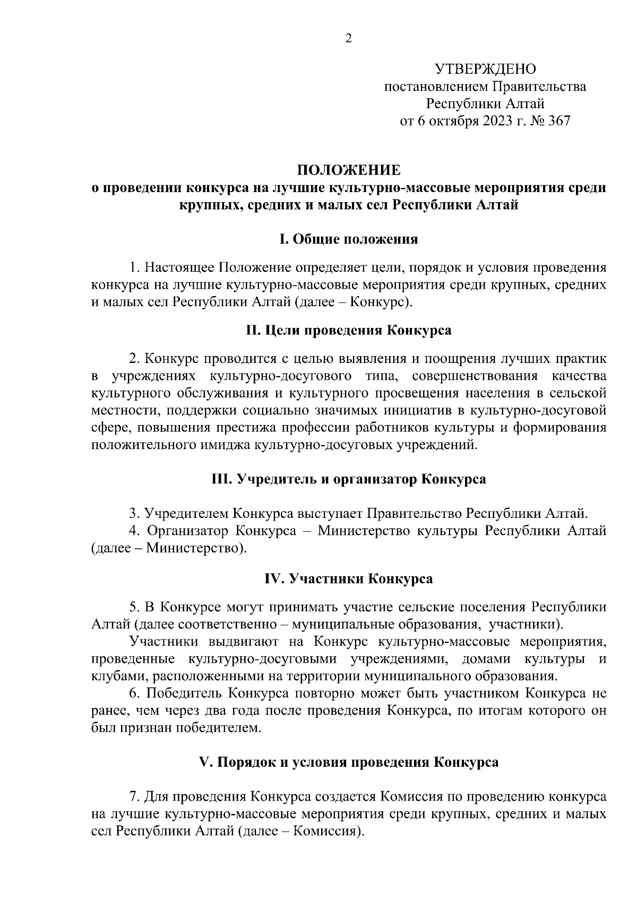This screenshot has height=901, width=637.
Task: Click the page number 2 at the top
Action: point(349,38)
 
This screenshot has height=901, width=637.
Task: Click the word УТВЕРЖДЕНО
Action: point(485,69)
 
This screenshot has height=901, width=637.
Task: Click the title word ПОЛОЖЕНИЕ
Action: point(349,170)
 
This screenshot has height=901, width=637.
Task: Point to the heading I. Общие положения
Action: point(349,239)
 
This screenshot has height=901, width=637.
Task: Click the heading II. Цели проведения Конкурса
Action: point(349,330)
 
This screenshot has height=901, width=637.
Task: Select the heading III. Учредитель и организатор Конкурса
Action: point(349,479)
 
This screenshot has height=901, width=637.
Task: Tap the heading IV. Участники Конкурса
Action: point(349,578)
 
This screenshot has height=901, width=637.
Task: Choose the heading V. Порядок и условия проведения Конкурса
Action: point(349,762)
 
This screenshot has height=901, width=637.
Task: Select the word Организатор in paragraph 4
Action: point(187,531)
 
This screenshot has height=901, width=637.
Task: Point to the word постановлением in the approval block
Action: point(436,86)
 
